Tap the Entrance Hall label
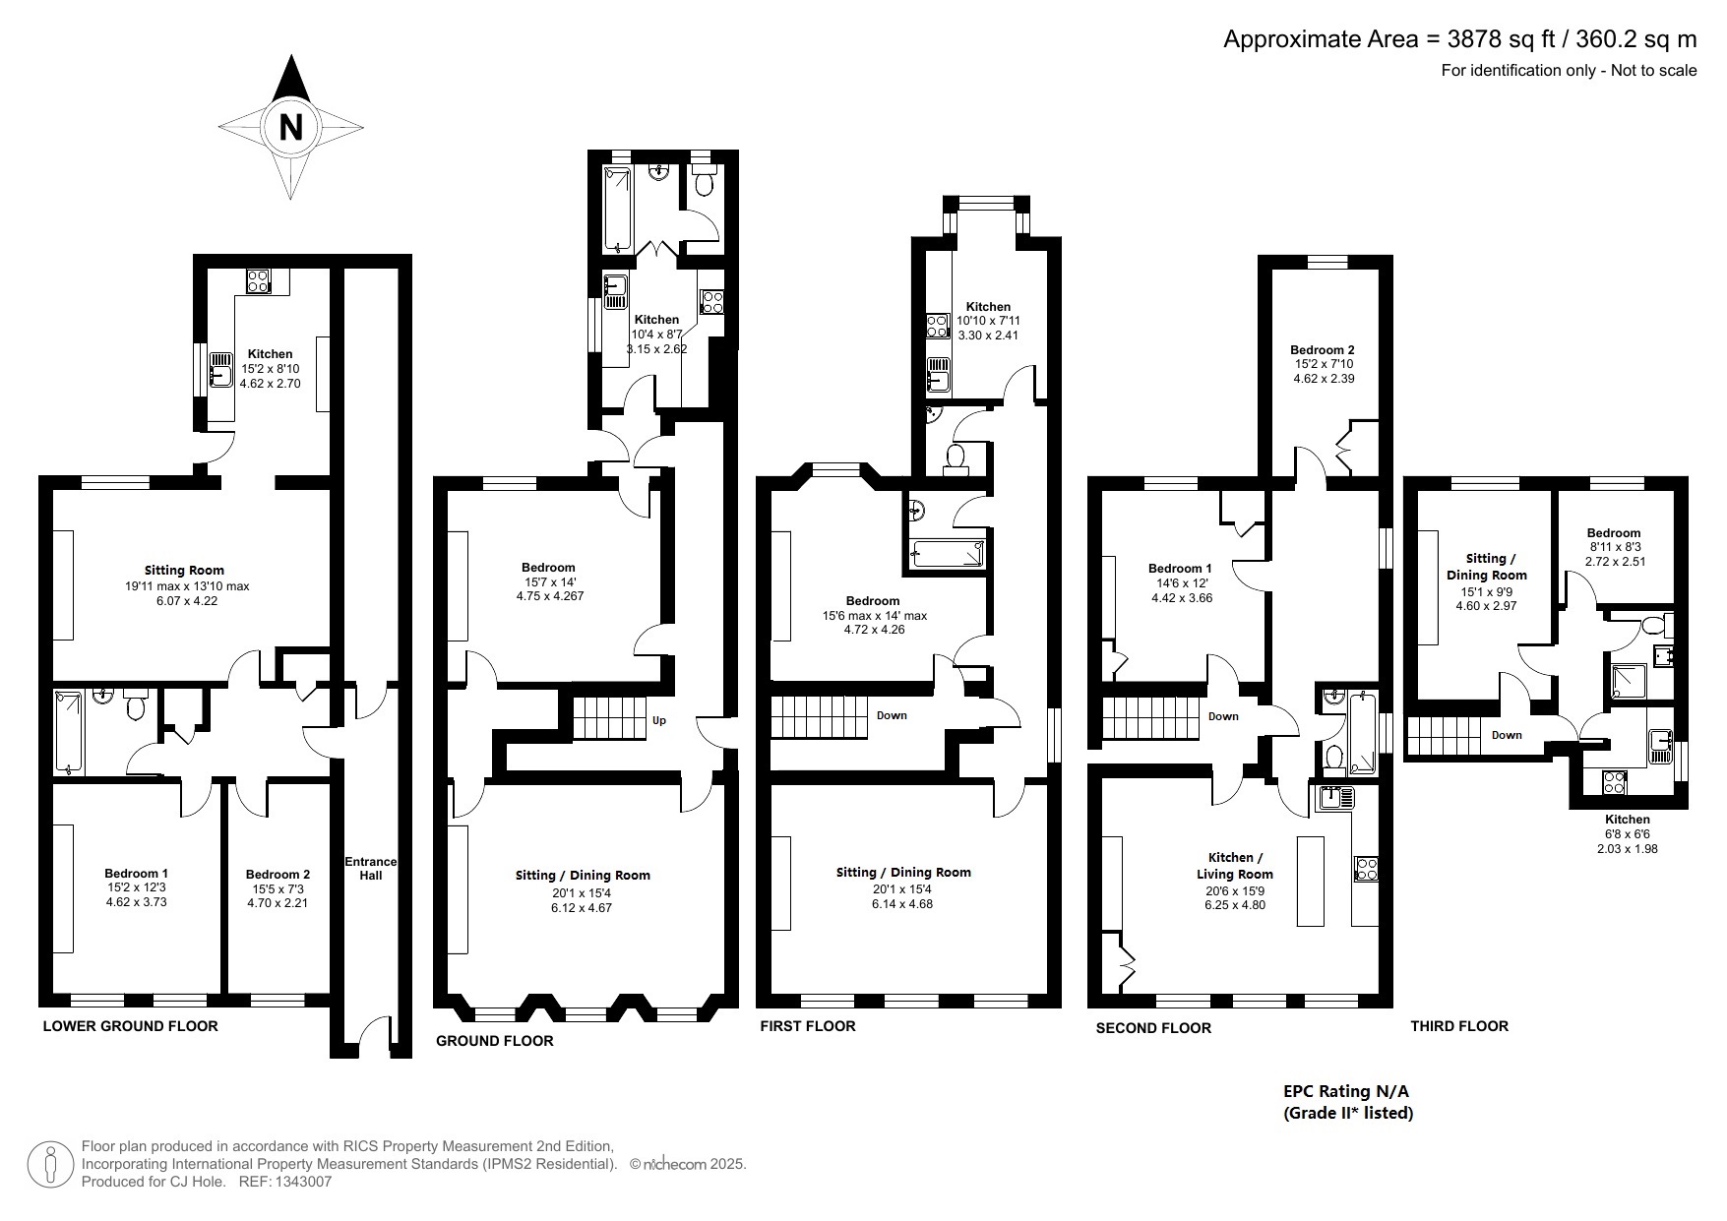pos(370,868)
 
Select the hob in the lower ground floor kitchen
pos(259,280)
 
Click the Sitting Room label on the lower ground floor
pos(184,570)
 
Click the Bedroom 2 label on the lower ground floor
pos(278,874)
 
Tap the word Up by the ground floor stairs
pos(659,720)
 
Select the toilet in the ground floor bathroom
pos(704,183)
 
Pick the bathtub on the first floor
pos(948,554)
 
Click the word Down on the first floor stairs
pos(892,715)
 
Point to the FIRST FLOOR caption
pos(808,1026)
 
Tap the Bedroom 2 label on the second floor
pos(1323,349)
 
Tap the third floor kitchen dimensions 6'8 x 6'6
pos(1627,833)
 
